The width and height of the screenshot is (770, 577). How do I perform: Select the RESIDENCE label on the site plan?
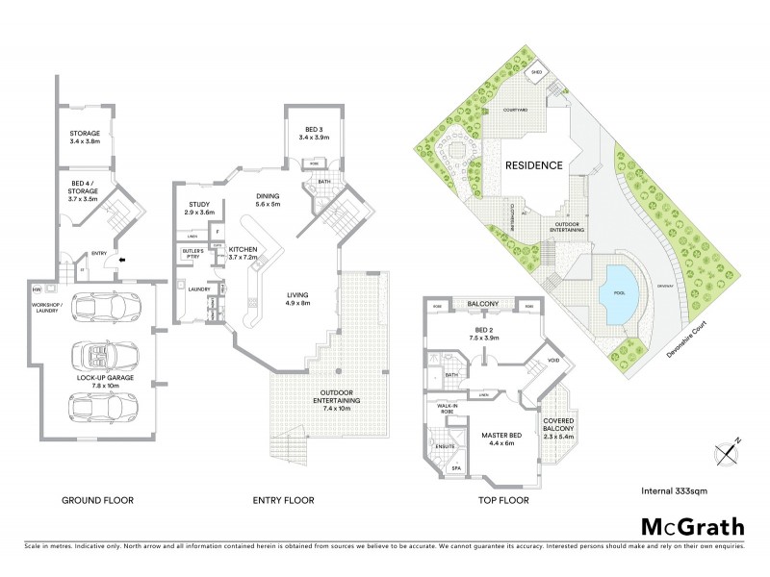click(534, 165)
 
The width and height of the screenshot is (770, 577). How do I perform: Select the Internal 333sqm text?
click(675, 490)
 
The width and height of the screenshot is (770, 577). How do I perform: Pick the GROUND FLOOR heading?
click(97, 500)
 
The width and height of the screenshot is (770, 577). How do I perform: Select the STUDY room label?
click(199, 207)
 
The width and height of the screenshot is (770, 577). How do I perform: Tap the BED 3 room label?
click(314, 134)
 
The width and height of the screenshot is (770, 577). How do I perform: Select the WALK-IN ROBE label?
click(449, 411)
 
